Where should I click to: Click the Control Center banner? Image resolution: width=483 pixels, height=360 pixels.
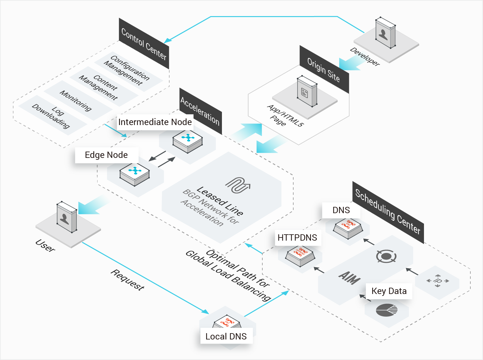tap(144, 44)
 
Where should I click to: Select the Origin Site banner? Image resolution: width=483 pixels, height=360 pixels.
tap(324, 69)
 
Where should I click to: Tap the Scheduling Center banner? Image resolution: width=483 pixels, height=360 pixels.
tap(388, 212)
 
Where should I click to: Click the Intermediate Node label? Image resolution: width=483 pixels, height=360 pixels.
tap(155, 122)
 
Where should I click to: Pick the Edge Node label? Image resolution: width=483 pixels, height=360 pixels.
tap(106, 155)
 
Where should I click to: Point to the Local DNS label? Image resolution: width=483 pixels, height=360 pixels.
tap(226, 336)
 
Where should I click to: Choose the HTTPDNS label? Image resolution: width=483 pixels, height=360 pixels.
tap(298, 237)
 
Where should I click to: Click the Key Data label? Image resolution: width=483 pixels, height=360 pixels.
tap(389, 291)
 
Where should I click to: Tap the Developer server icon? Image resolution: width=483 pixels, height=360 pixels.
tap(385, 33)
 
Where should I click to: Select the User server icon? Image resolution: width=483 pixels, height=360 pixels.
tap(67, 217)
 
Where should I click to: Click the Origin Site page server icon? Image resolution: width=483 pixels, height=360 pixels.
tap(307, 91)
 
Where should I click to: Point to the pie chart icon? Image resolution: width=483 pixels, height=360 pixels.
tap(386, 310)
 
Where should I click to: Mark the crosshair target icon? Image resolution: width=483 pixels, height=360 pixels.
tap(386, 256)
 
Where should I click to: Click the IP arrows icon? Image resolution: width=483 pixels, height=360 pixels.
tap(438, 281)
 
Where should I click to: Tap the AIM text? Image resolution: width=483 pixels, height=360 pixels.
tap(349, 278)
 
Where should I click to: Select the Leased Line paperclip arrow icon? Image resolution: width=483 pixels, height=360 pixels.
tap(238, 185)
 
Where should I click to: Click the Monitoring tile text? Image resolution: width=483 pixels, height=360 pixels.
tap(76, 101)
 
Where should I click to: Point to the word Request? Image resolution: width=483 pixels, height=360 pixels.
tap(128, 280)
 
